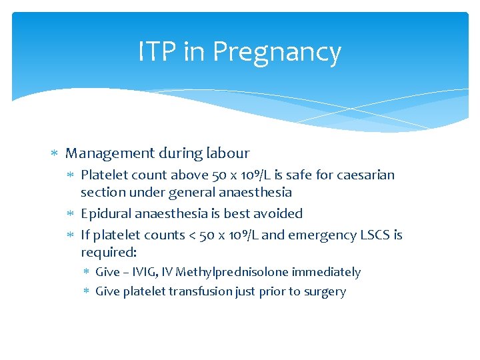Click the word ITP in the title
coord(157,51)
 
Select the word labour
coord(227,153)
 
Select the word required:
coord(109,253)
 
